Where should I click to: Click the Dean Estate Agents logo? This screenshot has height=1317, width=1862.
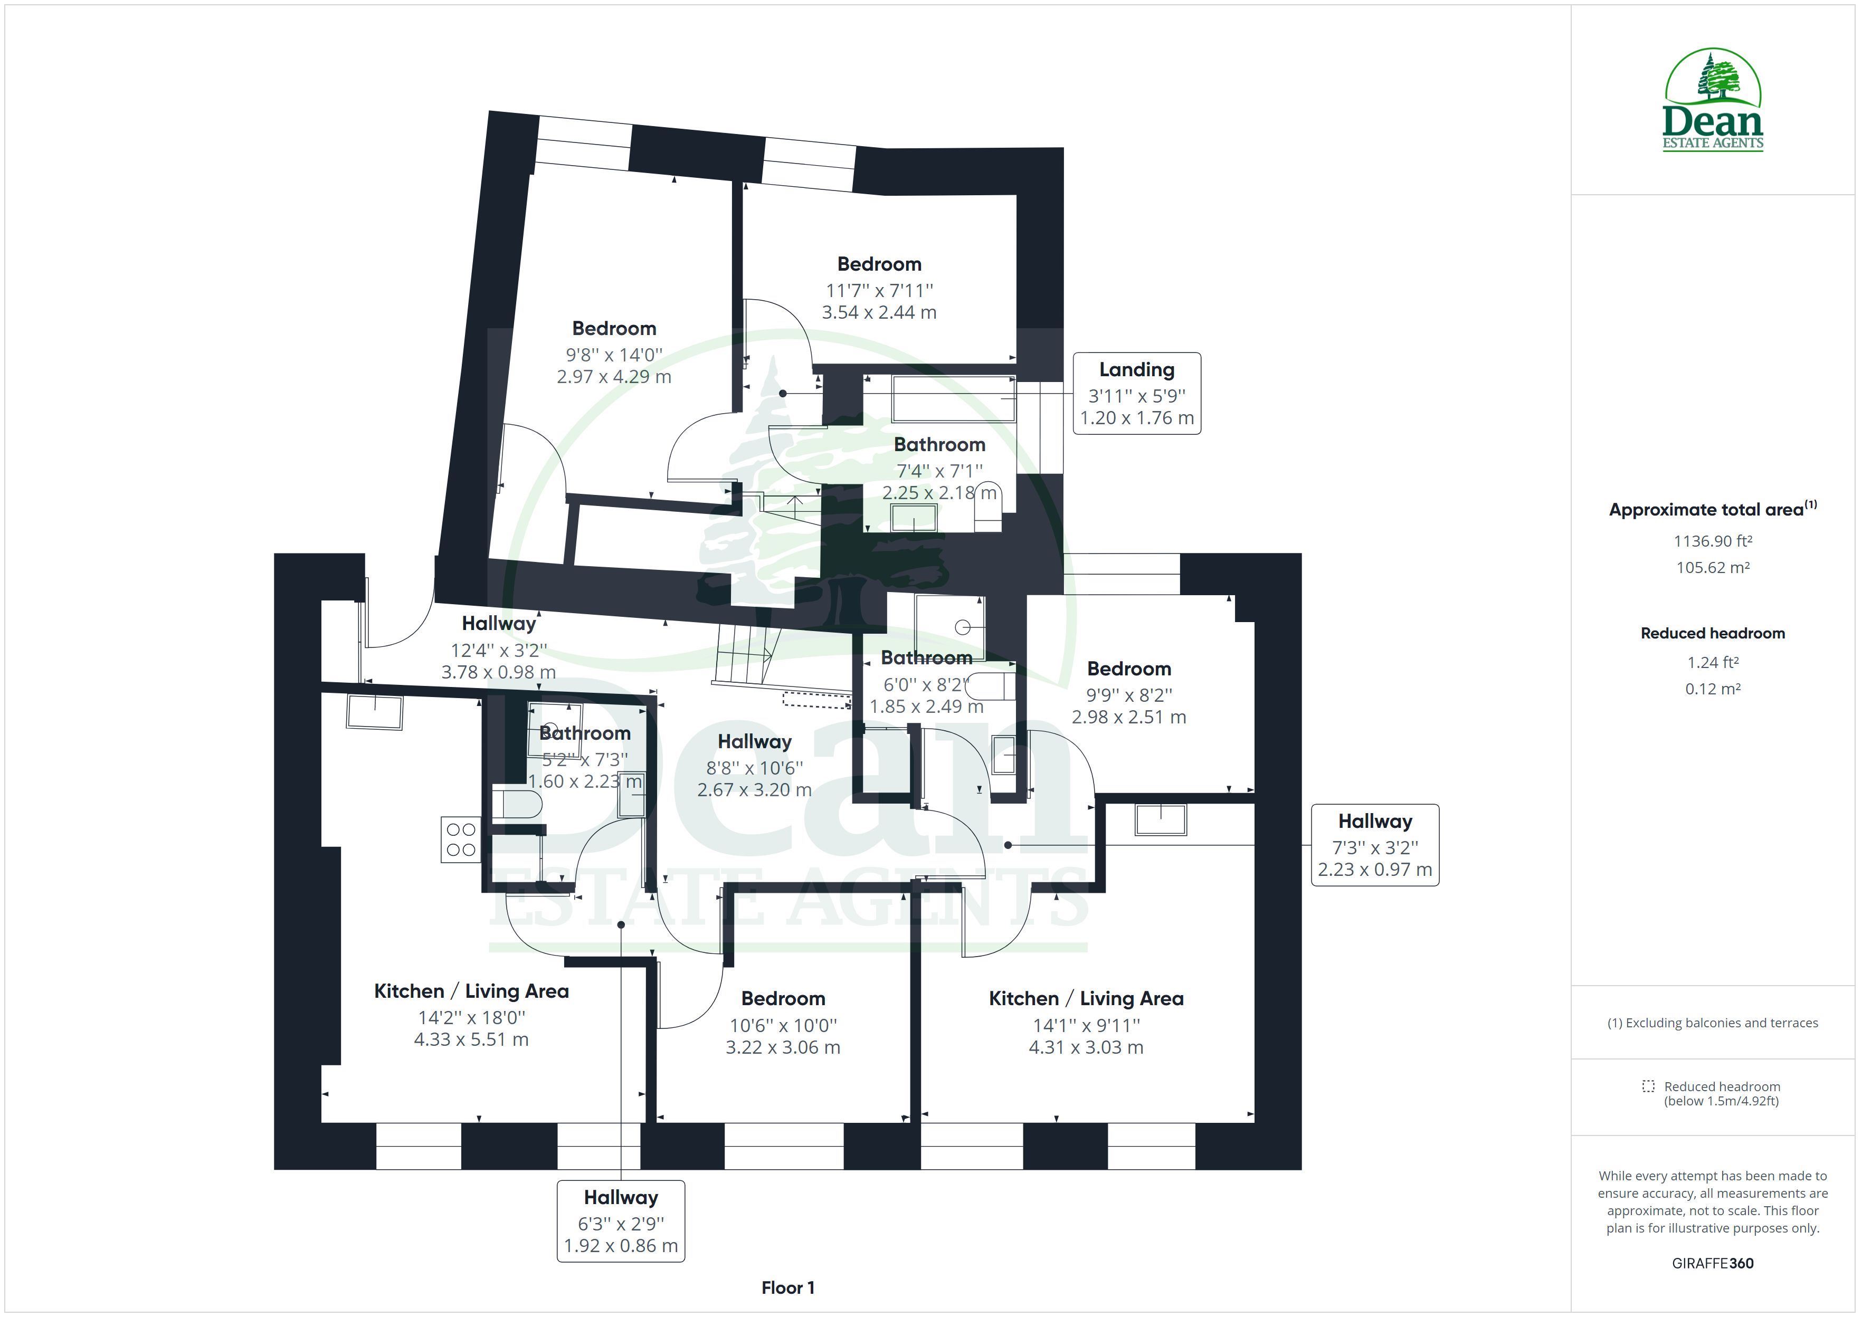pos(1712,100)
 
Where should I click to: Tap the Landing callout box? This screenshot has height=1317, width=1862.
pos(1136,393)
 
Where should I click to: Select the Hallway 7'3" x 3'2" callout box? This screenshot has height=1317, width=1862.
pos(1375,845)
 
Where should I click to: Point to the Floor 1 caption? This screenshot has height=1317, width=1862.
pos(787,1288)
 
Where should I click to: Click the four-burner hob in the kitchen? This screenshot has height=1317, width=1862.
pos(461,839)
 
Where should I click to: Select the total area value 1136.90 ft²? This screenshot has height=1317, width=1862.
pos(1712,541)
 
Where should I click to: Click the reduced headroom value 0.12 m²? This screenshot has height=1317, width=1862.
pos(1712,689)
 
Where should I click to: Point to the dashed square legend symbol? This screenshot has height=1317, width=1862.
pos(1648,1086)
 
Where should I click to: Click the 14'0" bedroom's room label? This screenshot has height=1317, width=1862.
pos(614,352)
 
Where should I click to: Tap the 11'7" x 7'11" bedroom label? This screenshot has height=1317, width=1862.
pos(879,288)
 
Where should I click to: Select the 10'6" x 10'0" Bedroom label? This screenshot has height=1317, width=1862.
pos(783,1023)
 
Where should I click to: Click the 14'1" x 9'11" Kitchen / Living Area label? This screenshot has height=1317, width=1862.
pos(1086,1023)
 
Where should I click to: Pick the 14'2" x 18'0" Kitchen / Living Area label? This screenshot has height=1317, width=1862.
pos(471,1015)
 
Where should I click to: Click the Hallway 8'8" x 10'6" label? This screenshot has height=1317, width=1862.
pos(754,766)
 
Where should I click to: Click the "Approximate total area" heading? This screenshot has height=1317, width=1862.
pos(1713,509)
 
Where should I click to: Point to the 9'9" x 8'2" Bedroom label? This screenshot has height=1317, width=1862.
pos(1129,693)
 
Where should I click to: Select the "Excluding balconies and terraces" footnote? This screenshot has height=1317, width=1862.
pos(1713,1023)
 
